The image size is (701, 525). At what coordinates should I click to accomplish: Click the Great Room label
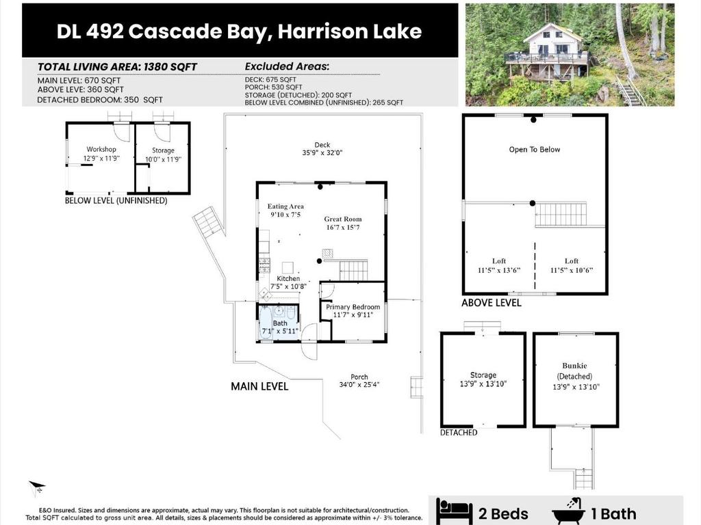tap(343, 219)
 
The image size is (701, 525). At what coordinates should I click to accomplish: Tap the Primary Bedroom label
tap(353, 307)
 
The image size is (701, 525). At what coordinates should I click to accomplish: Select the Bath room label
tap(280, 323)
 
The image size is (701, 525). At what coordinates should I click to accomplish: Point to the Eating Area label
tap(285, 206)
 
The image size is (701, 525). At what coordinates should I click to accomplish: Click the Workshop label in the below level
tap(101, 149)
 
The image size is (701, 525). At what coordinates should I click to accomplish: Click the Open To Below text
tap(534, 150)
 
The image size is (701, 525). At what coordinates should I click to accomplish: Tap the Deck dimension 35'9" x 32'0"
tap(322, 152)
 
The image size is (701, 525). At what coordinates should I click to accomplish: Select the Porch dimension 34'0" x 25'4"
tap(359, 384)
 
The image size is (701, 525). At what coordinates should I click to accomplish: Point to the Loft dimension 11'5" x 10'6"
tap(572, 270)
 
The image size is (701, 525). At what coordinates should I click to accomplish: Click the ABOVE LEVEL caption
tap(492, 303)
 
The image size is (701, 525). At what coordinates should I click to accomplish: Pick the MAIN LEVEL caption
tap(259, 386)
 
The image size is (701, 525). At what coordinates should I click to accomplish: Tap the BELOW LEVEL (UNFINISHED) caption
tap(116, 200)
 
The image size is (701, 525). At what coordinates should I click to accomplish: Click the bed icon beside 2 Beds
tap(454, 512)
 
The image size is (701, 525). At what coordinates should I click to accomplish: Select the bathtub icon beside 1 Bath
tap(568, 511)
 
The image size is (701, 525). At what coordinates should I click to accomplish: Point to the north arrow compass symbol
tap(37, 488)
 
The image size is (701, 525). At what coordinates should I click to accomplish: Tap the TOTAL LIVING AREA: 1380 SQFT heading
tap(117, 67)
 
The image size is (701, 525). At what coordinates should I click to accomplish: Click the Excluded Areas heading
tap(287, 66)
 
